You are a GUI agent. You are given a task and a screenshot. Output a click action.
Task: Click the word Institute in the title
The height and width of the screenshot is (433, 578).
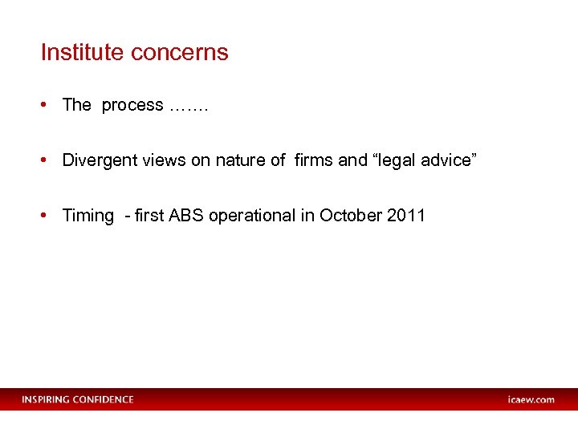[x=83, y=53]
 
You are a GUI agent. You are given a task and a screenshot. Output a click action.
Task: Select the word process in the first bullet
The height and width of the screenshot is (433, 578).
[x=132, y=106]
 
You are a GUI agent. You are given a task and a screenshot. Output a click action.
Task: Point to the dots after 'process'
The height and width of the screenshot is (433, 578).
[x=189, y=106]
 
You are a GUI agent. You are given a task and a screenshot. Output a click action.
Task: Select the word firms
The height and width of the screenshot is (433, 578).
[x=314, y=160]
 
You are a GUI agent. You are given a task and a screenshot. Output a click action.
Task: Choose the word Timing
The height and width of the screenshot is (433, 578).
[x=88, y=216]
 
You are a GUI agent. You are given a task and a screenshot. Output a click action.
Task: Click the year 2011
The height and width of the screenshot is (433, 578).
[x=405, y=216]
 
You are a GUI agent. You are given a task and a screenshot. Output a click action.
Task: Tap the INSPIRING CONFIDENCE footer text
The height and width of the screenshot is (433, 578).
[x=78, y=399]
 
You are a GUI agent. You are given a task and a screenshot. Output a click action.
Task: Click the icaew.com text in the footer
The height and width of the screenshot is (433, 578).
[x=531, y=399]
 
